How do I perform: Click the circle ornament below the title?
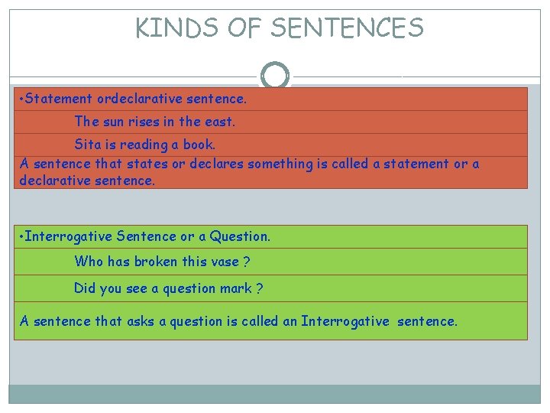coord(275,76)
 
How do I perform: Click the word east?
coord(220,122)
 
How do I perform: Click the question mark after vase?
coord(245,262)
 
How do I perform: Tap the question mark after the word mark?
coord(260,288)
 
